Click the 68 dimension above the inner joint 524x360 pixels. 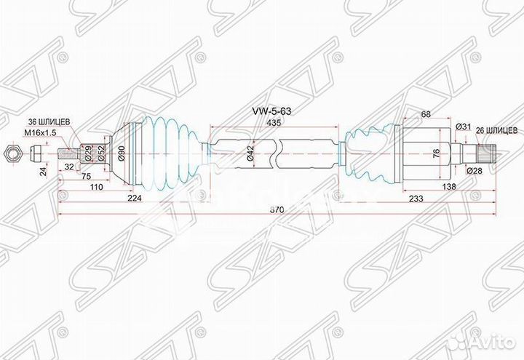click(426, 113)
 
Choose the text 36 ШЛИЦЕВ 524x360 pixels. click(49, 122)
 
